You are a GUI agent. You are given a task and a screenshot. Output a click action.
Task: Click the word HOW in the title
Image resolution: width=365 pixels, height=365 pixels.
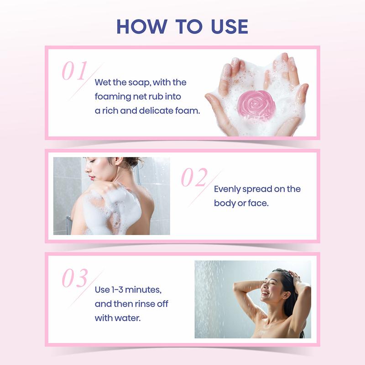142,26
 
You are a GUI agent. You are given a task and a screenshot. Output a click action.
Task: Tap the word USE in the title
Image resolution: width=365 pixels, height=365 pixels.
229,26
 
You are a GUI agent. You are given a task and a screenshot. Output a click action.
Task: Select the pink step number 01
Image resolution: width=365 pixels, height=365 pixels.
74,71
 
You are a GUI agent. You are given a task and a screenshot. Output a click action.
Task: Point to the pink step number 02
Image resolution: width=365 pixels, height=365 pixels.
194,177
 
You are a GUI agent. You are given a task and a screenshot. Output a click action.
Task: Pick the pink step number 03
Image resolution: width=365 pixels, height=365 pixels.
75,278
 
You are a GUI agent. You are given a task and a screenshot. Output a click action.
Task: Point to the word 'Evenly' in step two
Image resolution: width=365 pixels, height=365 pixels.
227,189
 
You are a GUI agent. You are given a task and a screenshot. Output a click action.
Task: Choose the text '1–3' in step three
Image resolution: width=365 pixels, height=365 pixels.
117,290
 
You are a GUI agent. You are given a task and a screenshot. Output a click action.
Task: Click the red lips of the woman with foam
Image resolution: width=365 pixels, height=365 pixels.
92,178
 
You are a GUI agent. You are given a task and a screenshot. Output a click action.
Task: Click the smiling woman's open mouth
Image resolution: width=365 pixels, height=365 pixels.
265,293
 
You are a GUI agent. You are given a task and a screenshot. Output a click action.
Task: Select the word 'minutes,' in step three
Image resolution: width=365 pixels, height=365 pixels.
143,290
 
